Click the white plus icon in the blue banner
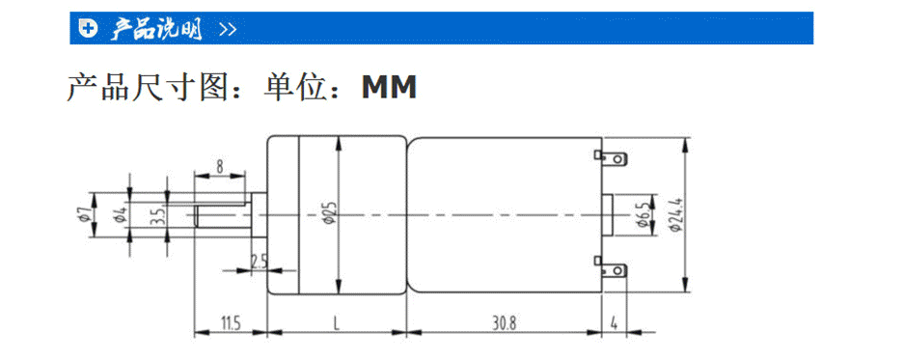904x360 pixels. pyautogui.click(x=88, y=29)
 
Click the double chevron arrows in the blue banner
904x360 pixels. pyautogui.click(x=228, y=29)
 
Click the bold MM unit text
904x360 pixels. pyautogui.click(x=389, y=88)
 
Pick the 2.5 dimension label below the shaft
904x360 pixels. pyautogui.click(x=259, y=261)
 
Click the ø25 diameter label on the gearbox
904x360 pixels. pyautogui.click(x=330, y=214)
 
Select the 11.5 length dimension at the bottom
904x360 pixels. pyautogui.click(x=230, y=321)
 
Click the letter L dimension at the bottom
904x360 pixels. pyautogui.click(x=336, y=321)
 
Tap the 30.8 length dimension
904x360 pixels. pyautogui.click(x=506, y=321)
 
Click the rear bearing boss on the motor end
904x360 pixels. pyautogui.click(x=612, y=214)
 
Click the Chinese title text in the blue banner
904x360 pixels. pyautogui.click(x=155, y=29)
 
